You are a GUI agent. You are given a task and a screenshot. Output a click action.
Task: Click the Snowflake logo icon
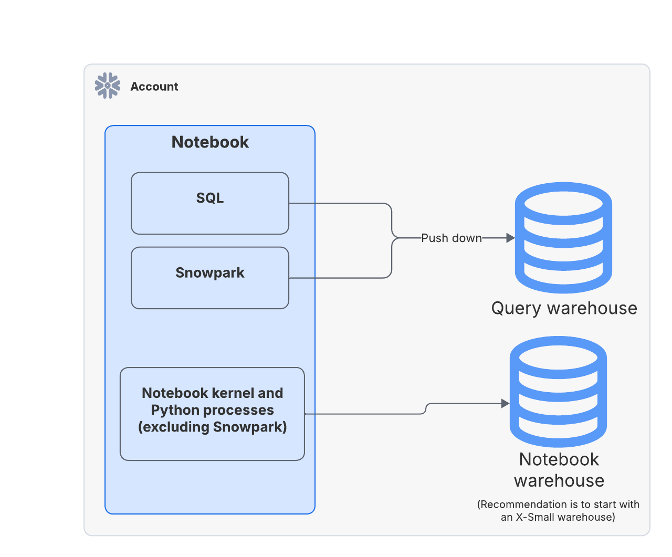coord(108,86)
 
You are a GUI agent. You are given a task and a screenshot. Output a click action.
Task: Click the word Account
coord(154,87)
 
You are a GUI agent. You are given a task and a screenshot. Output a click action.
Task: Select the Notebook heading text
coord(210,142)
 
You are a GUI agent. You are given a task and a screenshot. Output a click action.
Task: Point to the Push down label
coord(451,238)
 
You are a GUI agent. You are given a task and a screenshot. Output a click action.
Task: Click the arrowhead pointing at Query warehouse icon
coord(510,238)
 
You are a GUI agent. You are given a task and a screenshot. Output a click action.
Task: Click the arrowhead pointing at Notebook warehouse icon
coord(505,404)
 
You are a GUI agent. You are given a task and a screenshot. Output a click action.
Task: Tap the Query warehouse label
coord(564,308)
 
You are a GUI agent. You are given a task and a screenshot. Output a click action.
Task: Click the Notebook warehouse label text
coord(559,470)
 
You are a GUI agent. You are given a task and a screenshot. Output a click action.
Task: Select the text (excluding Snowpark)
coord(212,427)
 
